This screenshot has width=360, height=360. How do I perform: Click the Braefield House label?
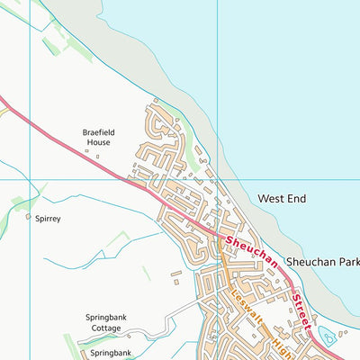(x=98, y=136)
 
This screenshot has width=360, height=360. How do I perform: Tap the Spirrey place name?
(x=48, y=218)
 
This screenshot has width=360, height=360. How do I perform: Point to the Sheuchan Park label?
(x=322, y=261)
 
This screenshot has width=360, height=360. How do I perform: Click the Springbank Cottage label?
(x=111, y=323)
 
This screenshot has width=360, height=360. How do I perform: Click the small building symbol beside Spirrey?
(x=28, y=217)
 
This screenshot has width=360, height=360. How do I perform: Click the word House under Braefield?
(x=98, y=142)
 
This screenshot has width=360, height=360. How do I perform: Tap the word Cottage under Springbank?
(x=111, y=328)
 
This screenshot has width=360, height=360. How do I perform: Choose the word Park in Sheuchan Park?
(x=345, y=261)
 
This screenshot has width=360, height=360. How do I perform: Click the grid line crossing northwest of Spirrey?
(x=30, y=179)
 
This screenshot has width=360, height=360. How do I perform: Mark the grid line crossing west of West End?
(x=218, y=179)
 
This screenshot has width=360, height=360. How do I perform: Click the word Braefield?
(x=99, y=130)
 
